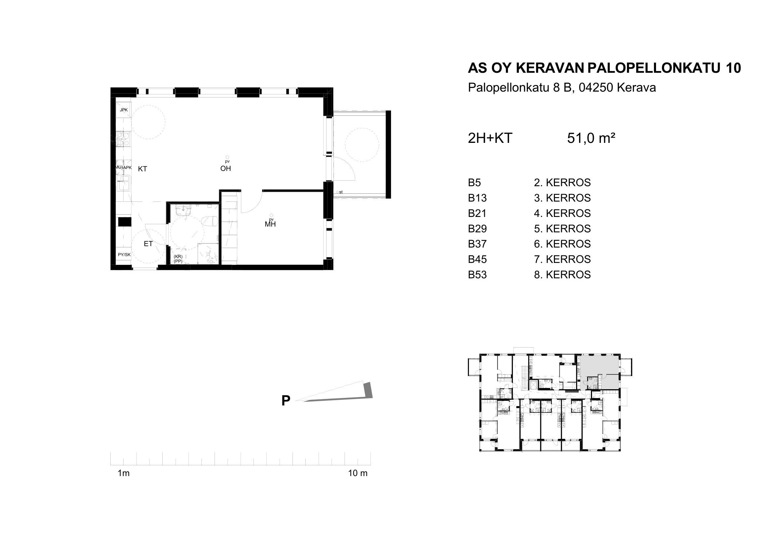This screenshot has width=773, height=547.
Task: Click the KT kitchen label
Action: [x=142, y=169]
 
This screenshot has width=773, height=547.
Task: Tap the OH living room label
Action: [x=226, y=168]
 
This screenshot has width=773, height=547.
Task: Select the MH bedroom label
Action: [x=270, y=224]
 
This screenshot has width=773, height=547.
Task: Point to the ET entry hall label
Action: [x=148, y=244]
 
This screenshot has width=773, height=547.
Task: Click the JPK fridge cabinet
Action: [x=124, y=110]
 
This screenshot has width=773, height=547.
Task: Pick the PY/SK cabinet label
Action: [x=124, y=255]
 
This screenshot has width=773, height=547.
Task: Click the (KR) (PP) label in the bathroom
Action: [x=178, y=259]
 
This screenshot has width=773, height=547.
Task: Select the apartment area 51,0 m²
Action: [x=591, y=138]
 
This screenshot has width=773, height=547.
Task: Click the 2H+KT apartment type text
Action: [x=490, y=138]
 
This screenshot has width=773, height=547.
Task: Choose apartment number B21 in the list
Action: [x=478, y=213]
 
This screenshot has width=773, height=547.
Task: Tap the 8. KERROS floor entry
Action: [x=562, y=274]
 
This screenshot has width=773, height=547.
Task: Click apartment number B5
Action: [x=474, y=183]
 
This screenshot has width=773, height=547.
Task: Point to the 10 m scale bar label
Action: [x=358, y=473]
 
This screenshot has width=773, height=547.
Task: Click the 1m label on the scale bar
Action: [x=124, y=473]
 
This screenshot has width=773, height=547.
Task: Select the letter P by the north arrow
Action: [x=286, y=401]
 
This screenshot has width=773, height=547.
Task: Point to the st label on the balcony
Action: [x=341, y=192]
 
